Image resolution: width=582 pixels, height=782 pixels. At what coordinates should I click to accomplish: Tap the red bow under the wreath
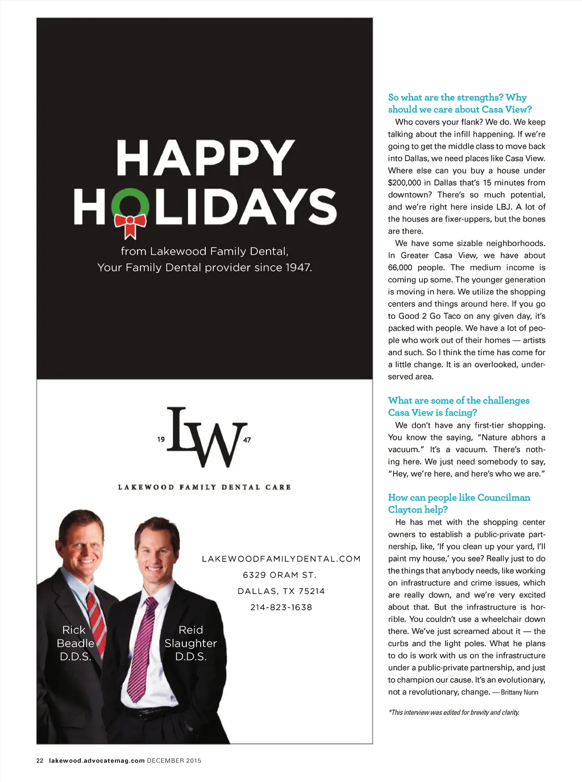click(x=130, y=224)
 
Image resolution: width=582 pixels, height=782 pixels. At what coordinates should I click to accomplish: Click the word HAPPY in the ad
click(x=205, y=159)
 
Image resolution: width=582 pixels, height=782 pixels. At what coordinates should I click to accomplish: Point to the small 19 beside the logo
click(x=161, y=439)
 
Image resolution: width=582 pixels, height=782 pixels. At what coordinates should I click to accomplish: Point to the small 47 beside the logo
click(x=247, y=439)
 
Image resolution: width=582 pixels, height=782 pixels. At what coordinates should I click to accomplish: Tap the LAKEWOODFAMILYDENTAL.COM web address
click(x=281, y=559)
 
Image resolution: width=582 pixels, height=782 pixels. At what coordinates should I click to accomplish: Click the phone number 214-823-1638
click(x=281, y=608)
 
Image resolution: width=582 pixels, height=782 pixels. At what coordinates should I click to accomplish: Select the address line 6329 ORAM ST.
click(x=280, y=575)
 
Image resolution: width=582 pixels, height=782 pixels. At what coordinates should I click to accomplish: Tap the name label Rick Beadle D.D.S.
click(x=75, y=643)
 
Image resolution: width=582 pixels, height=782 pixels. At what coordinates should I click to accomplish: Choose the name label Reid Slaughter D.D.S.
click(x=190, y=643)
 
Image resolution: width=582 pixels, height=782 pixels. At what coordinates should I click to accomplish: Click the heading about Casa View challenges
click(x=458, y=406)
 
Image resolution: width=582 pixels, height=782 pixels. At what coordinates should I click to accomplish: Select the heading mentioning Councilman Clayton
click(x=458, y=504)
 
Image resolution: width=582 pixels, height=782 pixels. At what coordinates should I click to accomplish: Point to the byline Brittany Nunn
click(x=519, y=692)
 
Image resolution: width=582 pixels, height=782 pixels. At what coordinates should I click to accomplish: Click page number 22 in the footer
click(x=40, y=760)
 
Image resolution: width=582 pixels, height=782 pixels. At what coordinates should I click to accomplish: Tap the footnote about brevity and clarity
click(x=454, y=713)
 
